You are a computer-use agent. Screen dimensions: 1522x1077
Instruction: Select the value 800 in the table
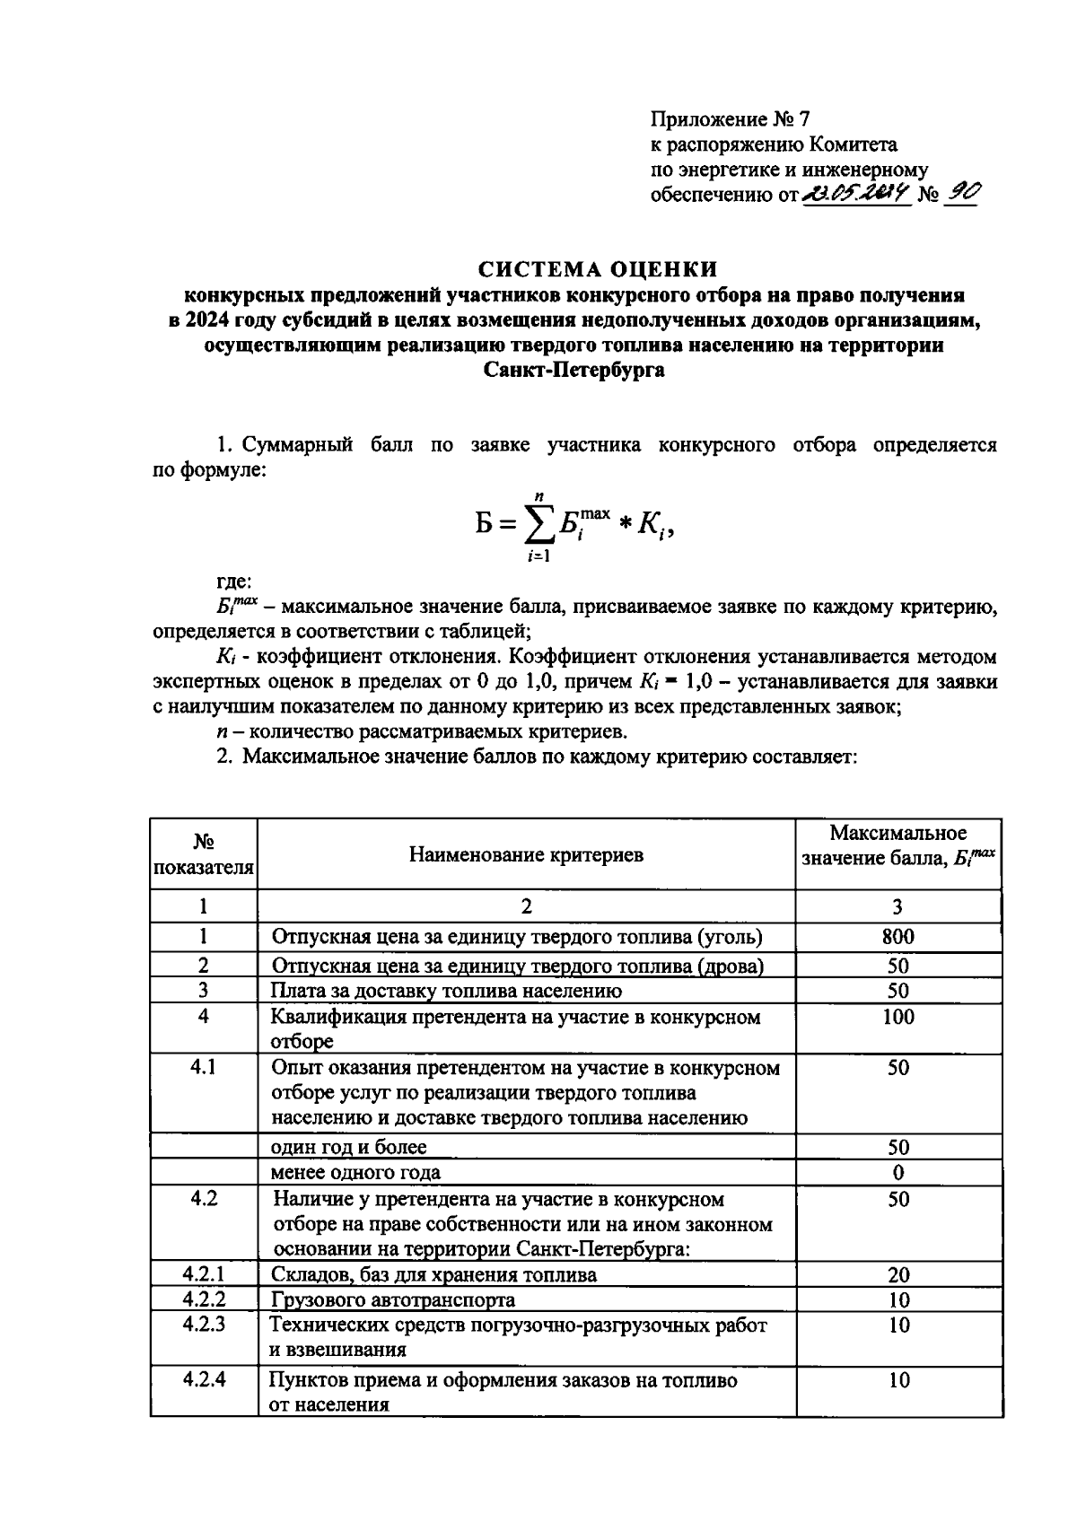[897, 937]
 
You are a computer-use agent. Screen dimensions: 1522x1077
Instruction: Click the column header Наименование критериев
[526, 854]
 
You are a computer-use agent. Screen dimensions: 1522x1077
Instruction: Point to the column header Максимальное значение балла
[897, 844]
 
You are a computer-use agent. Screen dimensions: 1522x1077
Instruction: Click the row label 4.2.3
[204, 1324]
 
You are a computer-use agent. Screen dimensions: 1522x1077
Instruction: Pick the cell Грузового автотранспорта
[393, 1299]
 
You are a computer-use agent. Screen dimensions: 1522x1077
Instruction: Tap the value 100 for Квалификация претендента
[897, 1017]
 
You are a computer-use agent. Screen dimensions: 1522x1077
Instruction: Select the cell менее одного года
[355, 1172]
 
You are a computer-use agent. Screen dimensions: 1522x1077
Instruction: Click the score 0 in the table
[898, 1172]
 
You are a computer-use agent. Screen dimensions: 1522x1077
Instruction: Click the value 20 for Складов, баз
[898, 1274]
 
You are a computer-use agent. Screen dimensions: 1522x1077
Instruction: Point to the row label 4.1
[204, 1067]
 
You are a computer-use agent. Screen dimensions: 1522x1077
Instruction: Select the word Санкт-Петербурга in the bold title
[574, 370]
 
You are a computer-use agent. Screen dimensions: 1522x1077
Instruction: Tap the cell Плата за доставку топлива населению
[446, 991]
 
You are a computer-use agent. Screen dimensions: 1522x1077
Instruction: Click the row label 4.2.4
[204, 1379]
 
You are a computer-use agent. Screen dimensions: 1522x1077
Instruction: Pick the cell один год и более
[349, 1147]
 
